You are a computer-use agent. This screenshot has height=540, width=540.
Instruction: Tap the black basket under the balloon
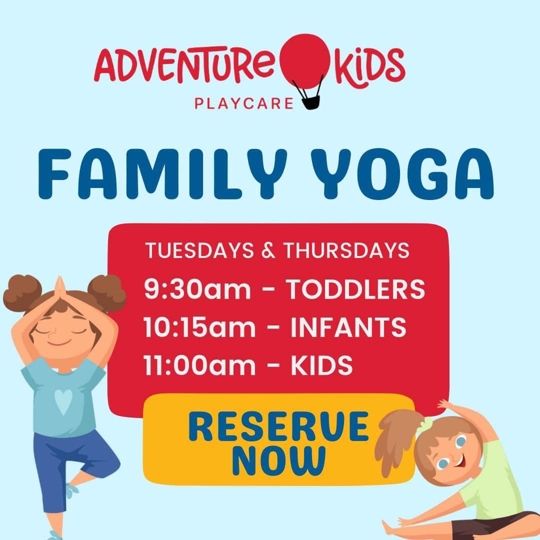[311, 102]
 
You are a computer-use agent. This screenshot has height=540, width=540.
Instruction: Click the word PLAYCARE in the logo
[244, 103]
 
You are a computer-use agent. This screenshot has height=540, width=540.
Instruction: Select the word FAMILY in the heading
[162, 174]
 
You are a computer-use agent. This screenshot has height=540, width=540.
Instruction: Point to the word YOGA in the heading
[402, 174]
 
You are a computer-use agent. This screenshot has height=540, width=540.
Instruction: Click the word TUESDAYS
[199, 250]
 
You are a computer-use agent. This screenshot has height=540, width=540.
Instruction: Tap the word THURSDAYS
[346, 250]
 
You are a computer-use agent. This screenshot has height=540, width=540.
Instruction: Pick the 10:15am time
[199, 327]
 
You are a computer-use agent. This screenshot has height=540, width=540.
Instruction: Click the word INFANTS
[348, 327]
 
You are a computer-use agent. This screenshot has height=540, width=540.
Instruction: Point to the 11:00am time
[199, 364]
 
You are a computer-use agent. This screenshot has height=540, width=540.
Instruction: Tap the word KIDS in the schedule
[322, 364]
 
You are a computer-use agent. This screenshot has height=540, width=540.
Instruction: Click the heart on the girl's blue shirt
[63, 401]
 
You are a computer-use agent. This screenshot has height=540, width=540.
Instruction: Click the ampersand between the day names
[268, 250]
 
